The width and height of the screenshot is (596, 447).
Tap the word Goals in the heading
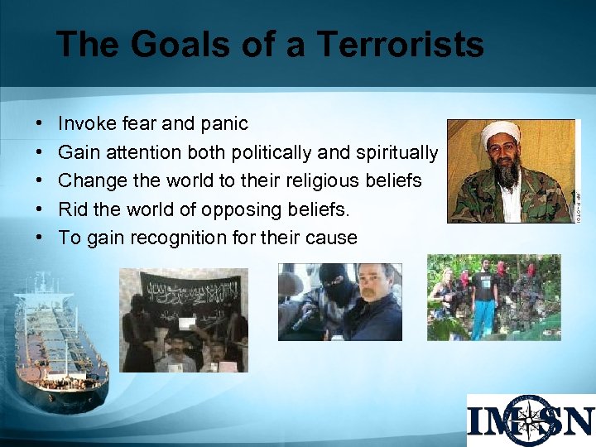pyautogui.click(x=170, y=44)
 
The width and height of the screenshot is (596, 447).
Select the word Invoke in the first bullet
pyautogui.click(x=86, y=124)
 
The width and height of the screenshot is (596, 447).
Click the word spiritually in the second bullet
pyautogui.click(x=397, y=152)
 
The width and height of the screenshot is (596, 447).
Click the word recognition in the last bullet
pyautogui.click(x=199, y=238)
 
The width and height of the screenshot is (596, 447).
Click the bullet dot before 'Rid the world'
pyautogui.click(x=41, y=209)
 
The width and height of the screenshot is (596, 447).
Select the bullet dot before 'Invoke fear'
pyautogui.click(x=41, y=124)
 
